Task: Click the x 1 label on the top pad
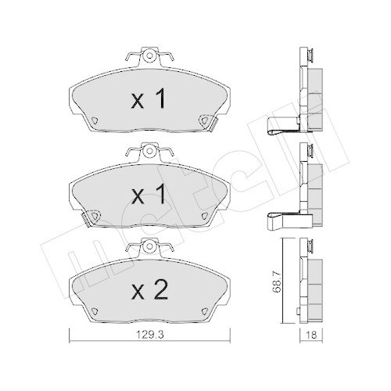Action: pos(148,99)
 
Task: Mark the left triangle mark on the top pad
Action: pos(92,120)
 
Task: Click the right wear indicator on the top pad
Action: pos(206,120)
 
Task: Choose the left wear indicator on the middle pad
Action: pos(91,216)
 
